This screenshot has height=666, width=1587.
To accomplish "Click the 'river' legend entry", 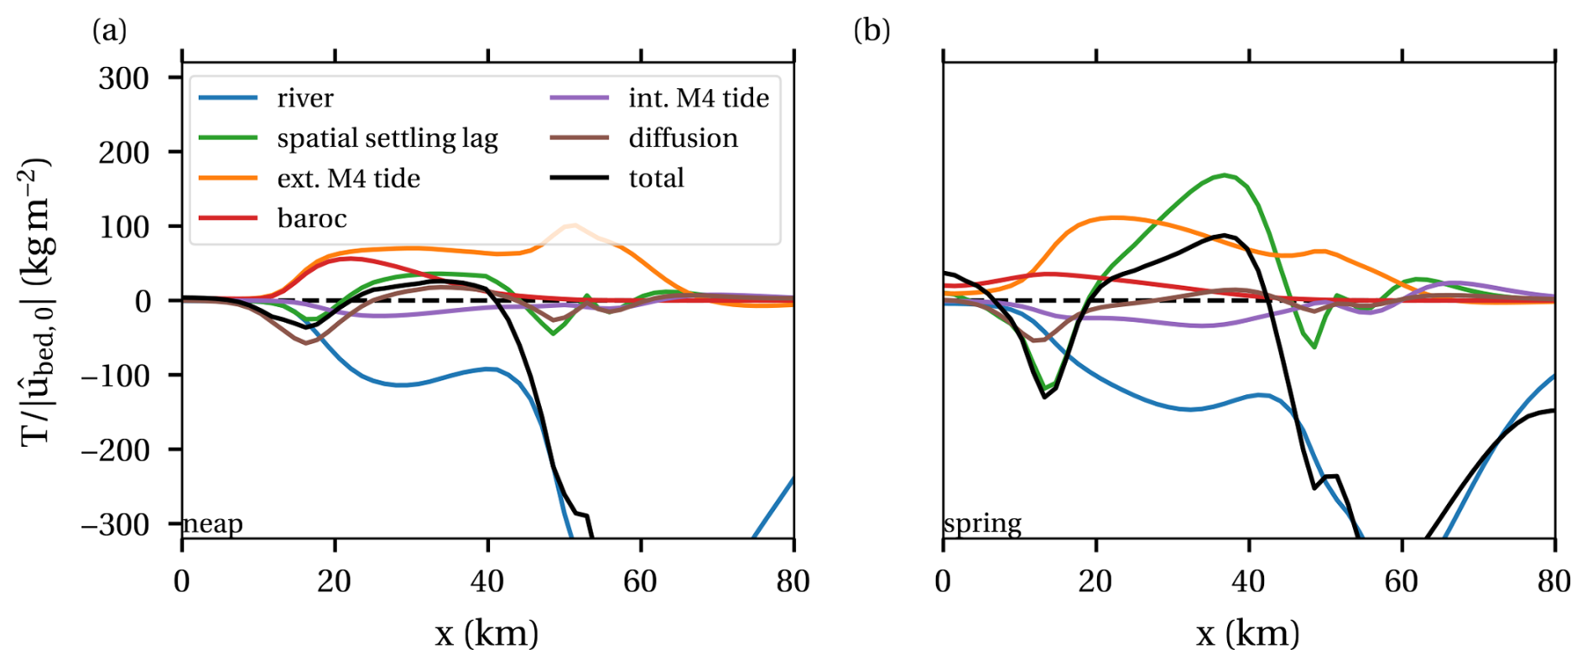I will [304, 98].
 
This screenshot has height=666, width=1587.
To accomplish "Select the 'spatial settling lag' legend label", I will [387, 138].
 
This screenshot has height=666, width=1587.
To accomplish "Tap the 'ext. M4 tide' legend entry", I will [348, 179].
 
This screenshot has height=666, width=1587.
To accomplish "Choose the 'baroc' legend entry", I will [311, 219].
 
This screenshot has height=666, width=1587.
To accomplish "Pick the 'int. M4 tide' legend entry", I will [698, 98].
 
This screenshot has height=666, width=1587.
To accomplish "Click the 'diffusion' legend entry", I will [683, 138].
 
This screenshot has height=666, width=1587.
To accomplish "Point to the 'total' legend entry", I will [656, 179].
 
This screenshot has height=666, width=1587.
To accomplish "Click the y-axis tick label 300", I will [123, 79].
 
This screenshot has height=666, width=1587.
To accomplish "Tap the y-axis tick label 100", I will [123, 227].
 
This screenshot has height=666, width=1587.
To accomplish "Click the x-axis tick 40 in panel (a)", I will [487, 581].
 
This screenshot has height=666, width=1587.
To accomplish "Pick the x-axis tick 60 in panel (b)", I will [1402, 581].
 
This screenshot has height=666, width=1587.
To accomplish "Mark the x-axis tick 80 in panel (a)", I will [793, 581].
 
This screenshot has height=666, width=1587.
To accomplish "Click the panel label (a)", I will [110, 31].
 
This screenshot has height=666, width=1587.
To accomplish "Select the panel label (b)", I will [872, 31].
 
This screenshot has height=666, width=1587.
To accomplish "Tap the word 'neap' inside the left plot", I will [213, 524].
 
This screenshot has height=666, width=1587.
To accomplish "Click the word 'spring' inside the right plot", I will [982, 524].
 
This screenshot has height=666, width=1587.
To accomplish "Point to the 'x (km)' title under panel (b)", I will [1248, 633].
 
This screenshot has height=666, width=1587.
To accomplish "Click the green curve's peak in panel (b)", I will [1225, 174].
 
